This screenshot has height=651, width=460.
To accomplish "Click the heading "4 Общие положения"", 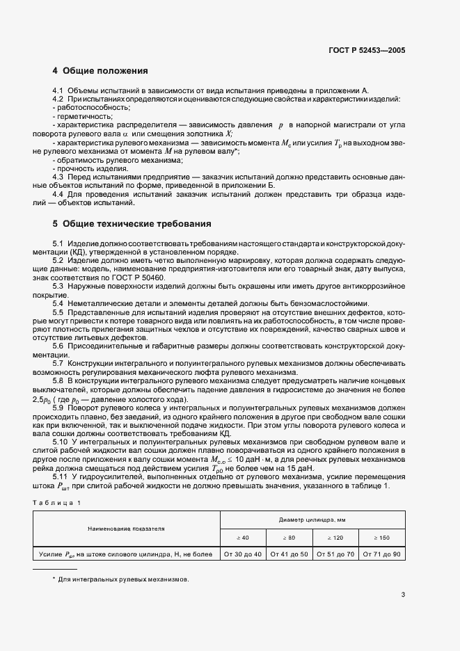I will point(100,71).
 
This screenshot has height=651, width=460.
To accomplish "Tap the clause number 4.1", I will point(58,91).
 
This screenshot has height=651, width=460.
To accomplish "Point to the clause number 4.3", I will point(58,178).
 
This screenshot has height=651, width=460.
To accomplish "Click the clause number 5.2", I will point(58,259).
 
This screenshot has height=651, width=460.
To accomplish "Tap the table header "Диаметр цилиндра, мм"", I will point(312,520).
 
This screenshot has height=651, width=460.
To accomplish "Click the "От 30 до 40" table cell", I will point(242,554).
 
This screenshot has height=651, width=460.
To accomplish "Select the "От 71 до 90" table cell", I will point(383,554).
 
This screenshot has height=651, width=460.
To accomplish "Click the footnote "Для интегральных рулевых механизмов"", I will point(124,579).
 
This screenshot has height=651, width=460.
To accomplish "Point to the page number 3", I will point(403,594).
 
